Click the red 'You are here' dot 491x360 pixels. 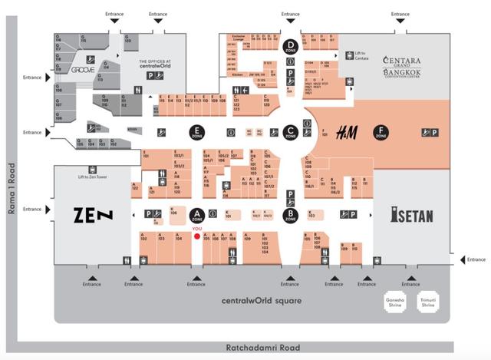tap(197, 236)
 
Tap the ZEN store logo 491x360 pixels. tap(93, 215)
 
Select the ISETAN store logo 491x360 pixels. tap(411, 216)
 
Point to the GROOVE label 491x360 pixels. tap(82, 69)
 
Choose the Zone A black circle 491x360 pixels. tap(197, 213)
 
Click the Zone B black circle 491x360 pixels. tap(290, 213)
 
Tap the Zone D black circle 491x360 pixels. tap(290, 46)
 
